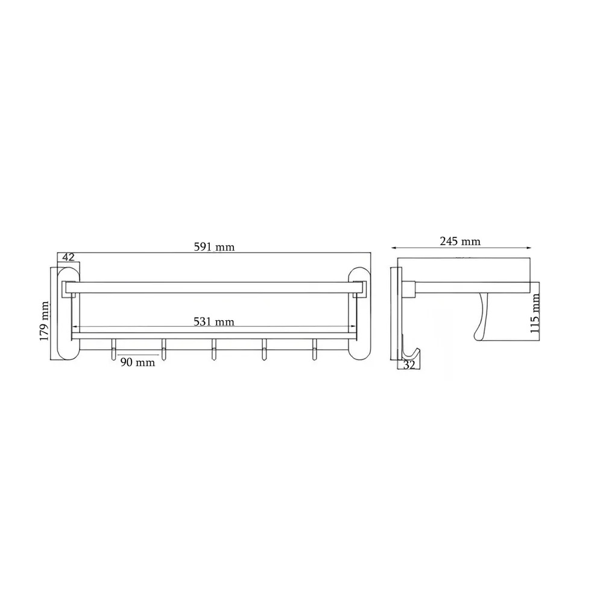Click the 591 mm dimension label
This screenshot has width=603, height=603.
[x=214, y=247]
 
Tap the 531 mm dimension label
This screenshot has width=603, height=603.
[x=214, y=321]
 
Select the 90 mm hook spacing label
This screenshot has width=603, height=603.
[x=137, y=362]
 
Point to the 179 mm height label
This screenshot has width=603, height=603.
[x=45, y=321]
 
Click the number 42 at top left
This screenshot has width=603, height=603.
[x=68, y=257]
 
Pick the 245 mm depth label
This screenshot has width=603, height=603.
[x=460, y=241]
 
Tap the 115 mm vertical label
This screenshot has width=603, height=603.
[x=535, y=314]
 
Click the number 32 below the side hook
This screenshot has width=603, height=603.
[x=409, y=365]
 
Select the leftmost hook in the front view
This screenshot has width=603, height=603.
[x=113, y=349]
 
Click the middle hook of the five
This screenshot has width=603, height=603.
[x=213, y=349]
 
